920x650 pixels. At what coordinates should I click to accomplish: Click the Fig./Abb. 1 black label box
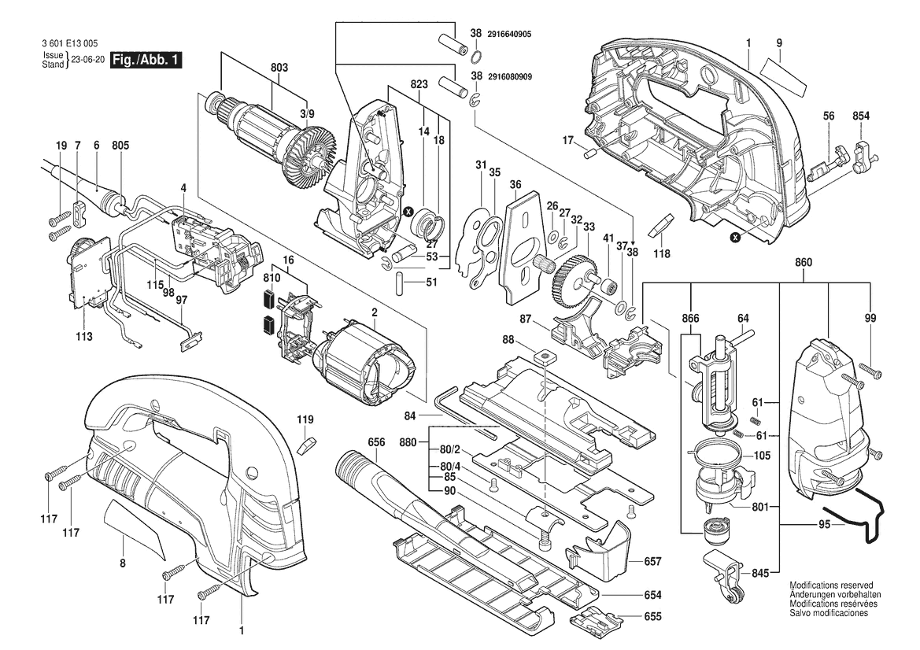tap(146, 61)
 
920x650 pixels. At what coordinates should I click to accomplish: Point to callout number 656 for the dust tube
tap(377, 442)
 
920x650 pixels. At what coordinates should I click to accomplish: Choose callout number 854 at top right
tap(861, 116)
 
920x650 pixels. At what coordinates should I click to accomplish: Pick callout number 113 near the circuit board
tap(84, 336)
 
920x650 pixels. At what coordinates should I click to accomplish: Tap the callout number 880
tap(408, 443)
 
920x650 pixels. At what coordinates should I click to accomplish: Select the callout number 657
tap(652, 561)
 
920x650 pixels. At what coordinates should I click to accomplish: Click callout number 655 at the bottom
tap(652, 617)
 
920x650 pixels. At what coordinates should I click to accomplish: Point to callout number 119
tap(305, 419)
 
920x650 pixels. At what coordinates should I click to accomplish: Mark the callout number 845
tap(759, 574)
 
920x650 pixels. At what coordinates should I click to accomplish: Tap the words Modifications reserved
tap(831, 586)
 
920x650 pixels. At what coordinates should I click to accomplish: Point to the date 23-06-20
tap(87, 60)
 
